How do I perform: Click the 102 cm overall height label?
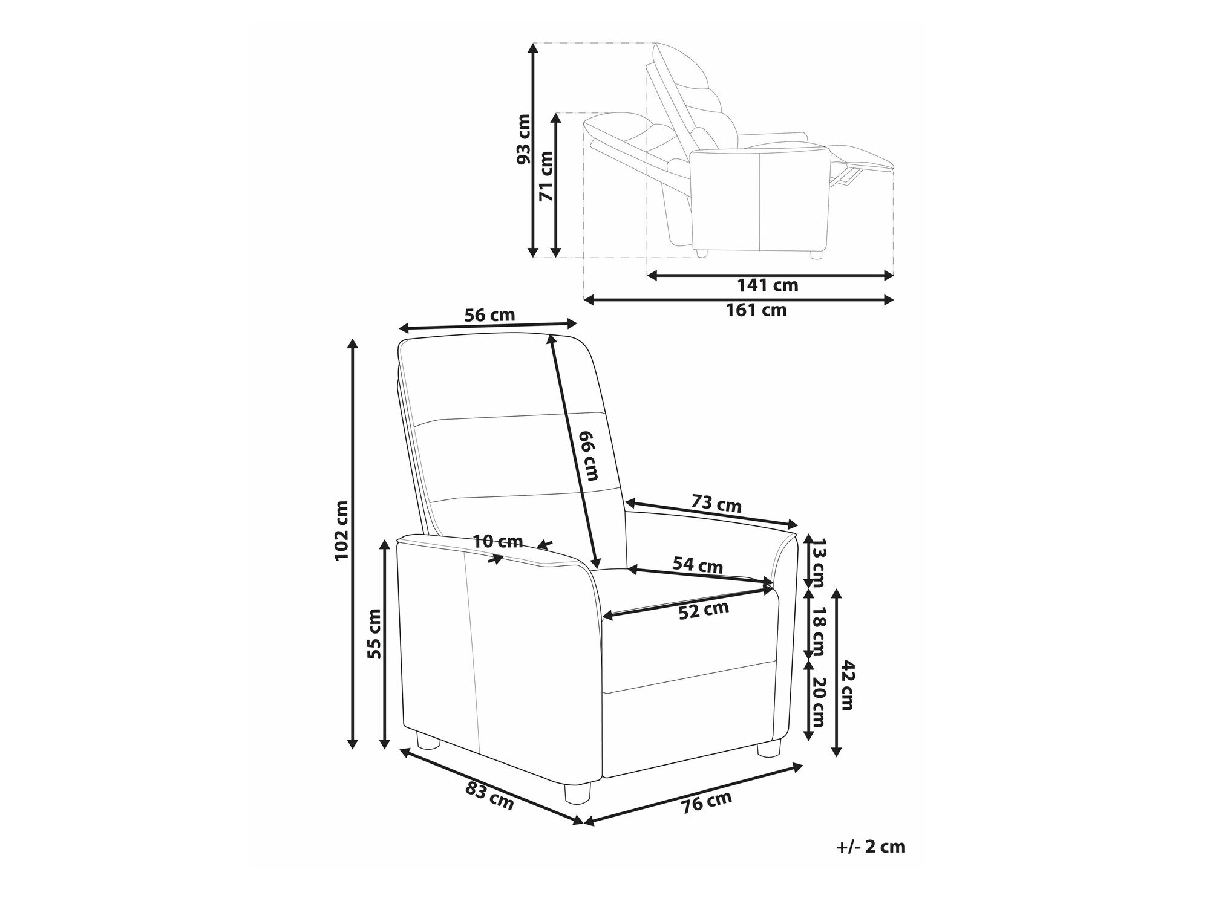pos(342,530)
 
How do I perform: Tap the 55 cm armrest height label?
pos(374,633)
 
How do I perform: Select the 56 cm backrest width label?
pos(489,315)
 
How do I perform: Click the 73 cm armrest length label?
pos(716,503)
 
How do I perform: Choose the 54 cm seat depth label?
pos(698,565)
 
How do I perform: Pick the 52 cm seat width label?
pos(704,611)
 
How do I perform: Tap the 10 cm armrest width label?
pos(498,541)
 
